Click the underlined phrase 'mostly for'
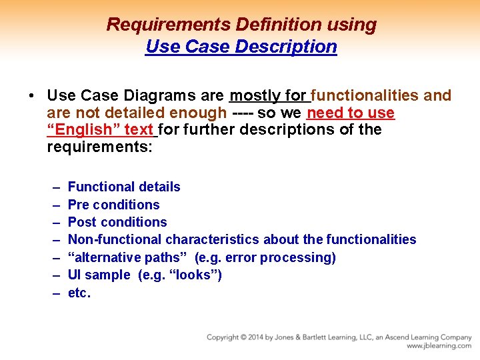(269, 96)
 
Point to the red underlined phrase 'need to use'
(351, 113)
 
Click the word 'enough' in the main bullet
(197, 113)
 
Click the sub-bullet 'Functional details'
(124, 187)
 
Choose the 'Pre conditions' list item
(113, 205)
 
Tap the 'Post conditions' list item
(117, 222)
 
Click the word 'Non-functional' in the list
(115, 239)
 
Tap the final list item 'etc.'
(79, 293)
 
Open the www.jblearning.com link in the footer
(439, 346)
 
